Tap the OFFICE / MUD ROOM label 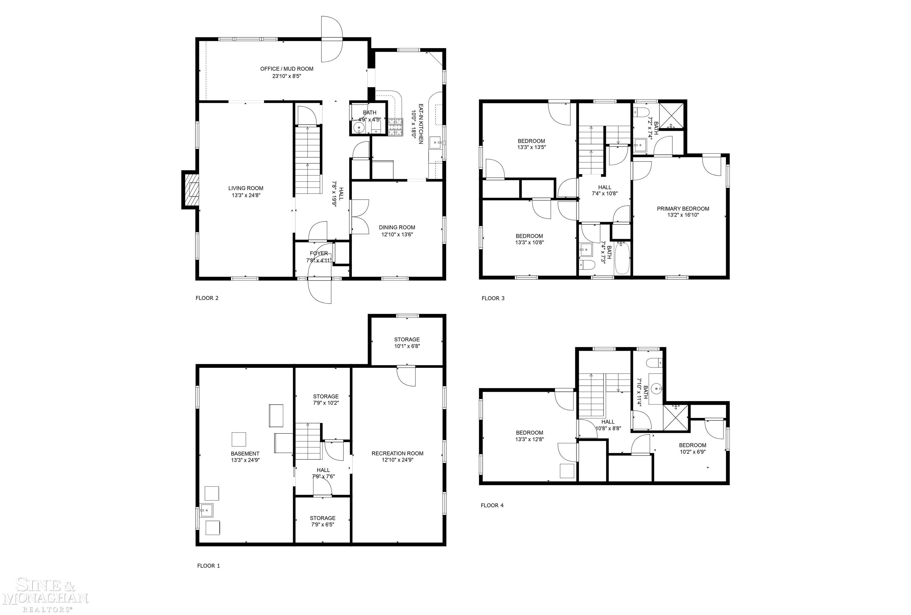286,69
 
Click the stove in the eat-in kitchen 395,127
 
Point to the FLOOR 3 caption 493,298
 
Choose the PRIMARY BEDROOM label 683,209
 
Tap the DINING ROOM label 396,227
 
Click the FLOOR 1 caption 208,566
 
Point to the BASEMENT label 245,454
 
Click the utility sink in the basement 206,510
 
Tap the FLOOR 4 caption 492,505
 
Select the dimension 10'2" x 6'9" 692,452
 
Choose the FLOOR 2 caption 207,298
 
